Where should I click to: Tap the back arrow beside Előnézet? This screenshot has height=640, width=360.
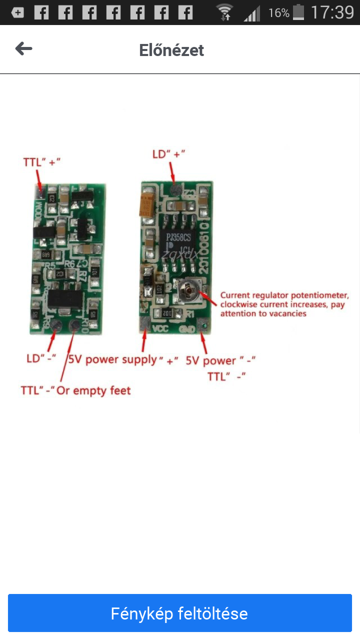tap(23, 49)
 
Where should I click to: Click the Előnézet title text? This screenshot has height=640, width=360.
tap(171, 50)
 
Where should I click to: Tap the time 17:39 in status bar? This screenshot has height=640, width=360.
tap(332, 12)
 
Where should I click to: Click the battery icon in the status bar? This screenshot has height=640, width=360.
tap(298, 12)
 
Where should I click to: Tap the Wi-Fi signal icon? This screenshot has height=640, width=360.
tap(225, 12)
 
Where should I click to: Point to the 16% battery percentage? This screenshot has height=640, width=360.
tap(278, 13)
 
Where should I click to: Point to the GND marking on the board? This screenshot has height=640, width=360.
tap(186, 330)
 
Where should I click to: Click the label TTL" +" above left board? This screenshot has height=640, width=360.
tap(42, 162)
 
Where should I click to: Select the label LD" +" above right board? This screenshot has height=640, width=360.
tap(168, 154)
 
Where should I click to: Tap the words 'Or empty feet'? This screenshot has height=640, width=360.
tap(93, 390)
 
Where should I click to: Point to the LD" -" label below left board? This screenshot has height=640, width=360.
tap(41, 358)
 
